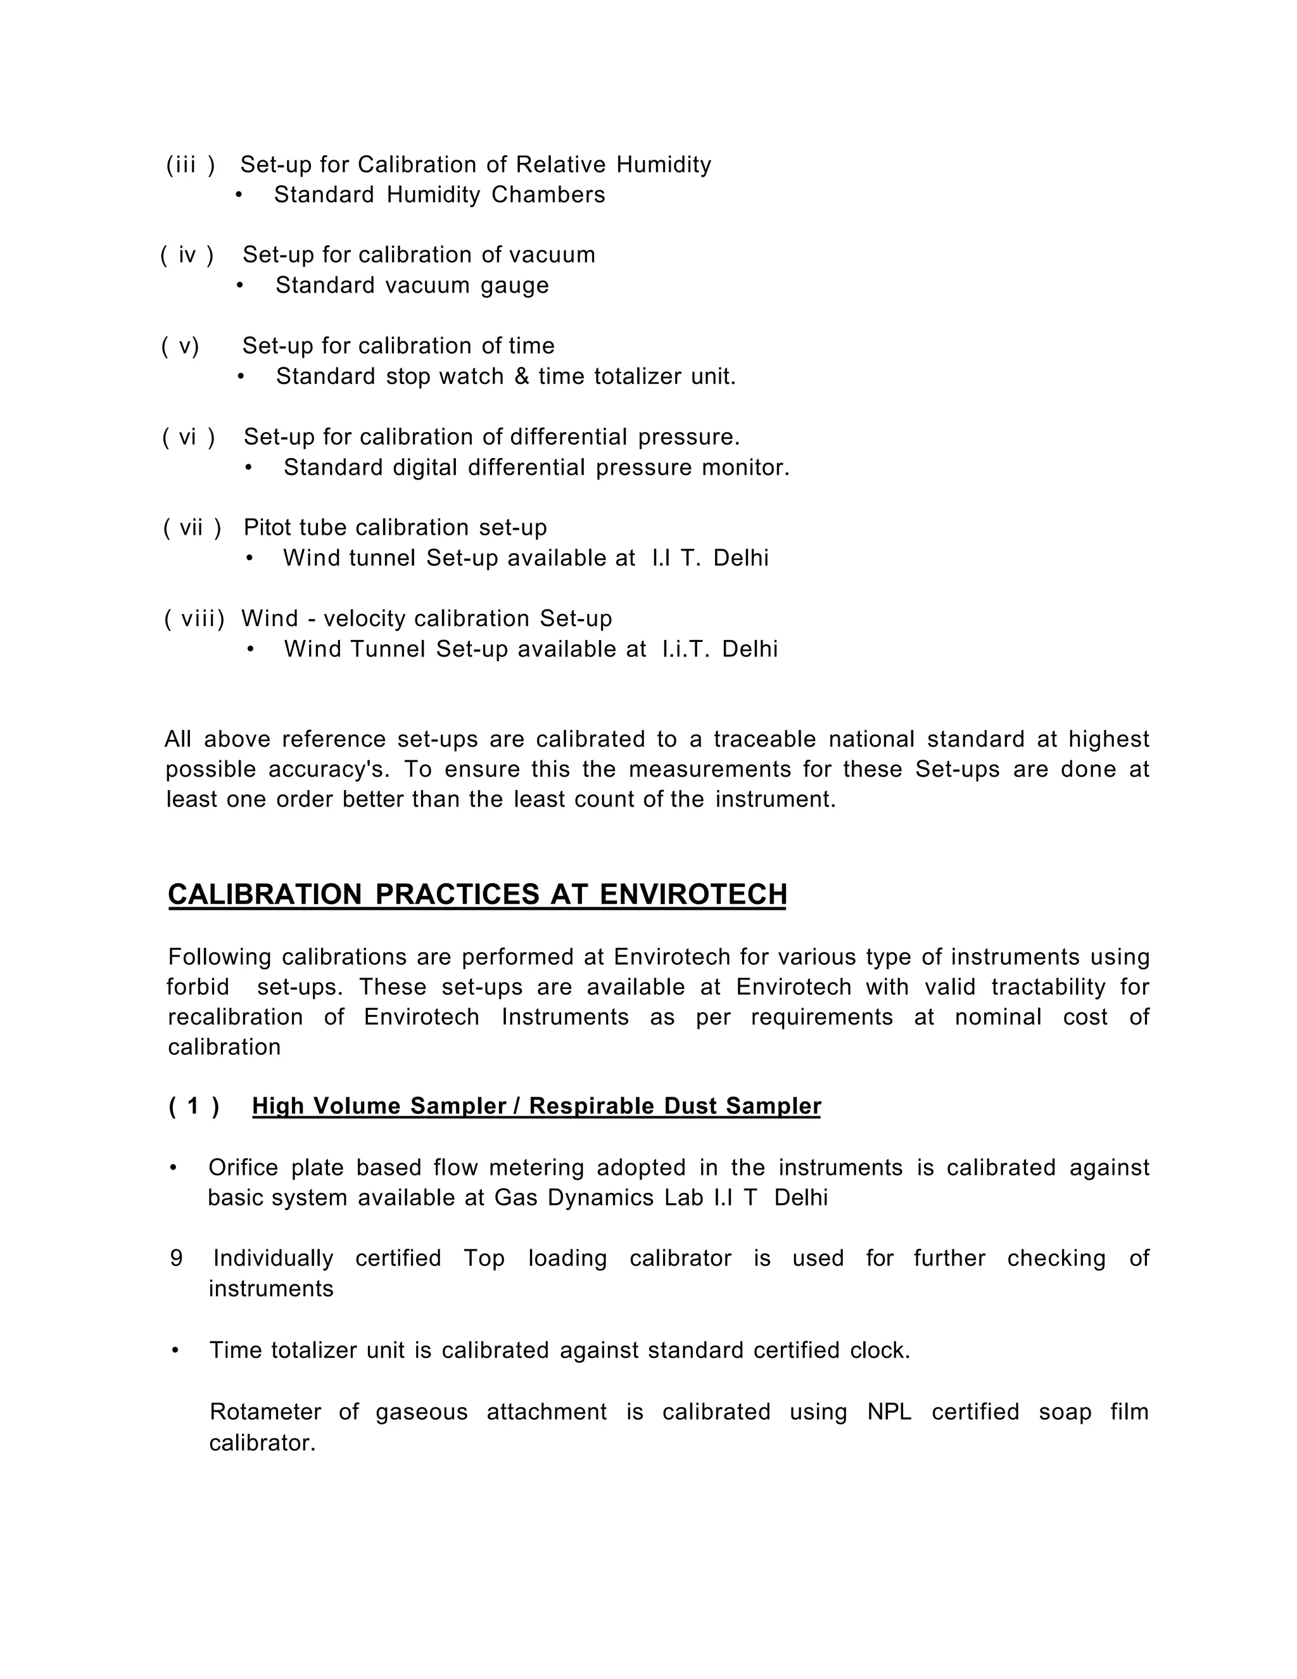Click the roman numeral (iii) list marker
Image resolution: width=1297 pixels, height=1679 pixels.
point(190,165)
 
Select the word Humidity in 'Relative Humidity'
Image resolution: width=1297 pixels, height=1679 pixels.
point(664,165)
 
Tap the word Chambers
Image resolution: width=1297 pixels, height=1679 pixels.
point(548,195)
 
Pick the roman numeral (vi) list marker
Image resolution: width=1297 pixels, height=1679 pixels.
point(188,437)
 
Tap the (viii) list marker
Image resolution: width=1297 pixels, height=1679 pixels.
point(194,619)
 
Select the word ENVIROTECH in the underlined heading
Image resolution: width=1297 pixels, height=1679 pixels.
point(693,894)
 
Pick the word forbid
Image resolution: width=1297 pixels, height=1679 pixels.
point(198,987)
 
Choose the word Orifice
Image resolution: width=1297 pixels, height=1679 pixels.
point(243,1167)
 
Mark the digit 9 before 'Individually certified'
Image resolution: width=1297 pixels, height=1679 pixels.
point(177,1258)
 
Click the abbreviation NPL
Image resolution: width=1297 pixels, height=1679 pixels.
point(889,1412)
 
